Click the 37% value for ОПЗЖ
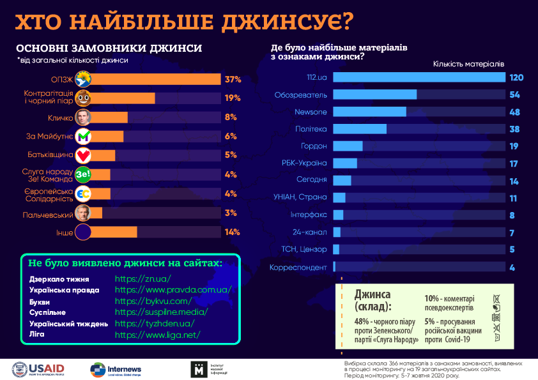tap(232, 80)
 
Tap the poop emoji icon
tap(82, 98)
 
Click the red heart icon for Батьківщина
tap(82, 155)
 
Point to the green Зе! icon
tap(82, 174)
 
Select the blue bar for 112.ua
tap(419, 77)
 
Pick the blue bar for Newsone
tap(370, 112)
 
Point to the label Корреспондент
tap(298, 267)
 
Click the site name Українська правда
tap(65, 290)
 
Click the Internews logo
tap(116, 370)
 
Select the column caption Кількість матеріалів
tap(468, 64)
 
